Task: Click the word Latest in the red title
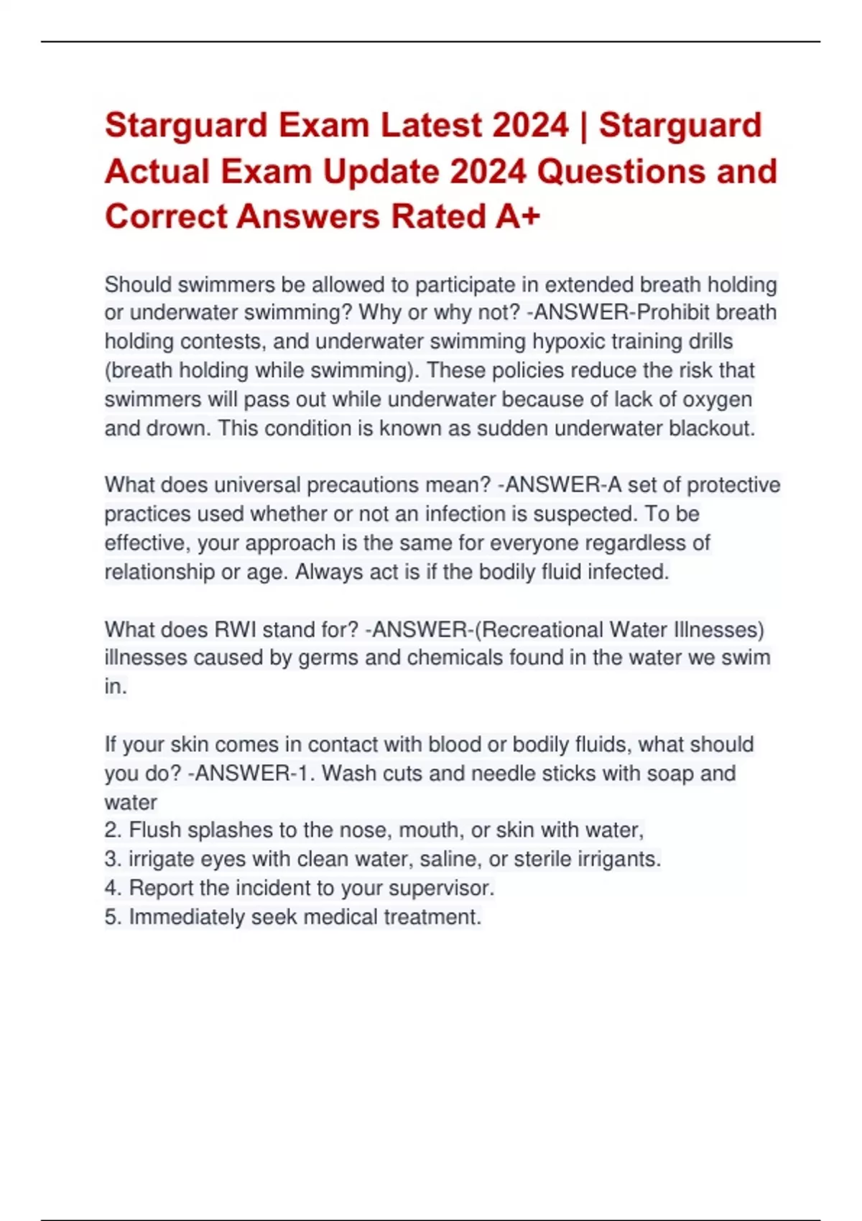tap(430, 125)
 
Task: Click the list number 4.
tap(112, 888)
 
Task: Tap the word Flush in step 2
tap(152, 830)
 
